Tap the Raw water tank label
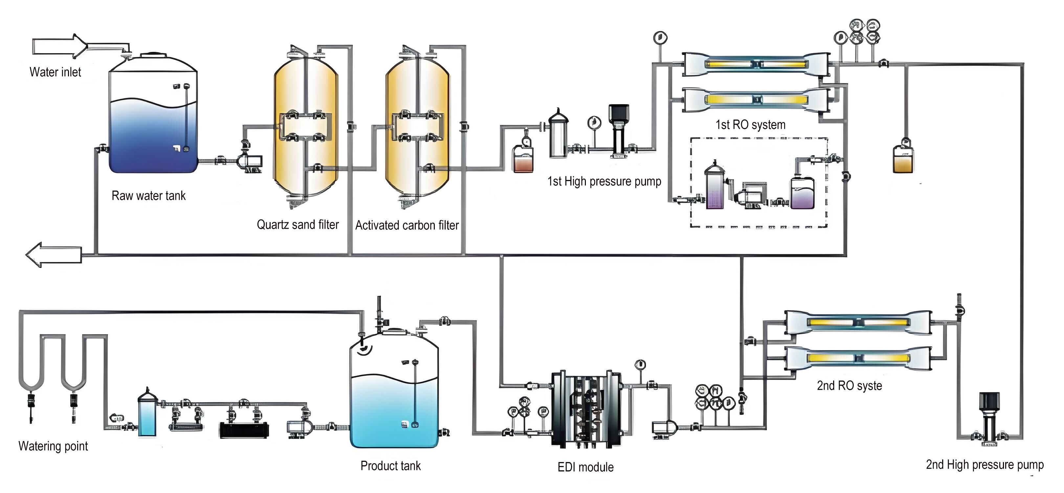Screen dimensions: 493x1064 click(x=148, y=196)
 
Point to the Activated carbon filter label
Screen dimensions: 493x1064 click(x=407, y=225)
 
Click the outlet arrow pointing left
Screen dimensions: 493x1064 click(x=54, y=255)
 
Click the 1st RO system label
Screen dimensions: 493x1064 click(x=750, y=125)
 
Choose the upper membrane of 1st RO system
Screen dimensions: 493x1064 click(x=756, y=64)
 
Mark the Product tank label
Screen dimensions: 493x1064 click(x=390, y=466)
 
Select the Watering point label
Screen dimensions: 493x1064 click(x=53, y=446)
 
